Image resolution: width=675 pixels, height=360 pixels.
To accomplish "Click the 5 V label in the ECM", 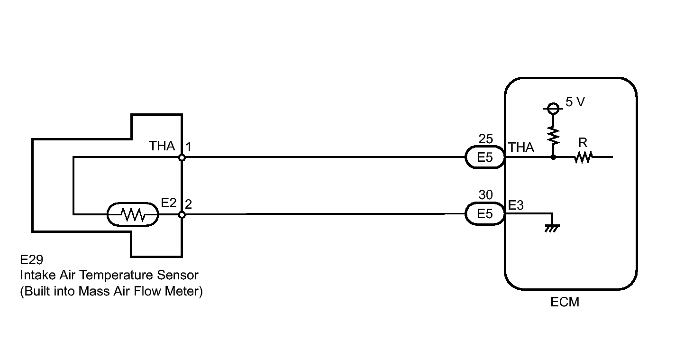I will point(575,102).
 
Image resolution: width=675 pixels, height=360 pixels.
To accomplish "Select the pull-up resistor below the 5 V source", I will point(553,135).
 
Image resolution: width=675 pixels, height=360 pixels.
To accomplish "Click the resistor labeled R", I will point(583,157).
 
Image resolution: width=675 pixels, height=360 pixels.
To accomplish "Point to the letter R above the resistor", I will point(583,143).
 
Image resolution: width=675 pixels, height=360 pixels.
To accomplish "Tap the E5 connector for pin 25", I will point(485,157).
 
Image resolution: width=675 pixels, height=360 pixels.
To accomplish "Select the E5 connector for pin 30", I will point(485,214).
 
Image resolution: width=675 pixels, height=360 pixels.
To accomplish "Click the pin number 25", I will point(486,139).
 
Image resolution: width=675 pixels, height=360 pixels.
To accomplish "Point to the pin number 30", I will point(486,195).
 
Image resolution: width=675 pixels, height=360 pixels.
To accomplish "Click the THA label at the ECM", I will point(521,148).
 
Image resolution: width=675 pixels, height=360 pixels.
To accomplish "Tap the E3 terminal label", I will point(516,205).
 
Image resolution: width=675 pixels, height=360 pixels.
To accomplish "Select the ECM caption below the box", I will point(565,302).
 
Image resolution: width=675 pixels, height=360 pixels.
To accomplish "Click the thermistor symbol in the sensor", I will point(133,215).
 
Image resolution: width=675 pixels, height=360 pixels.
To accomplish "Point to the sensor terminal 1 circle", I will point(182,157).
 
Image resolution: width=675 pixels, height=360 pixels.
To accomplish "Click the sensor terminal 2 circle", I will point(182,214).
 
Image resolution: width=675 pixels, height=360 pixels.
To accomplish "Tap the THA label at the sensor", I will point(162,146).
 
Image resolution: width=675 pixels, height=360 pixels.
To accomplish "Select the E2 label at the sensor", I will point(169,203).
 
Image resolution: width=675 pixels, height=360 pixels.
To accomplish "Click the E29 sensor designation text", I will point(31,260).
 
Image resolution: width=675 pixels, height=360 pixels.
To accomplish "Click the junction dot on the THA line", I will point(553,157).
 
